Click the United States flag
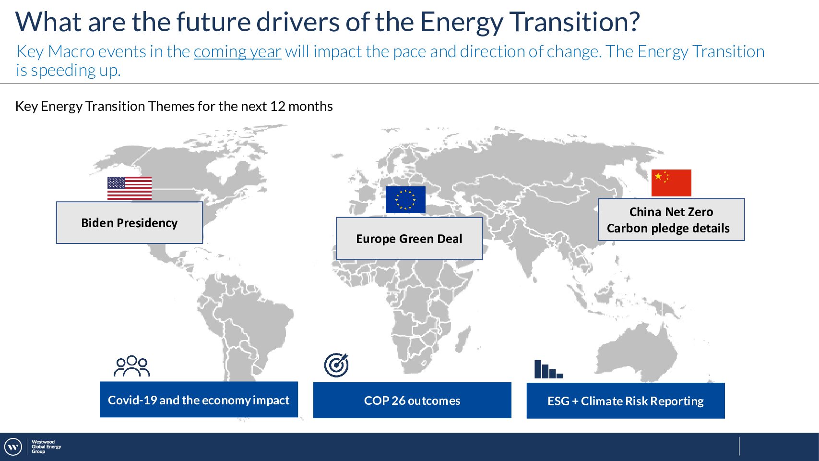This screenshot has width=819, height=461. (130, 188)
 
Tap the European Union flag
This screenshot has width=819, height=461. (405, 200)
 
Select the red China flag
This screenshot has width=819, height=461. (671, 183)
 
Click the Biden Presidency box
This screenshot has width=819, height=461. (130, 222)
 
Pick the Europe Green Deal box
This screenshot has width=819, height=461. (409, 239)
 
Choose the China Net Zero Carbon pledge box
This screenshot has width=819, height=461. (671, 219)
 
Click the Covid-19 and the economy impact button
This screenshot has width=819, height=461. (199, 400)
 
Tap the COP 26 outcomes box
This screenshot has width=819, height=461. (412, 400)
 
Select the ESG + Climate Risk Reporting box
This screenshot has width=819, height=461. (626, 400)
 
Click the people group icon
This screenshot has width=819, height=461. (132, 366)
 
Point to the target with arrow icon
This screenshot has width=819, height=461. (336, 365)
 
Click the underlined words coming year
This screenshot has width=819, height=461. (237, 51)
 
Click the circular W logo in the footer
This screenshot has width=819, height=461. (13, 447)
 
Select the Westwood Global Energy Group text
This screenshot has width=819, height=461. (46, 447)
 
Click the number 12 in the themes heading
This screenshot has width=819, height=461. (277, 107)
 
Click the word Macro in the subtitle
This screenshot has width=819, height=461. (71, 51)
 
